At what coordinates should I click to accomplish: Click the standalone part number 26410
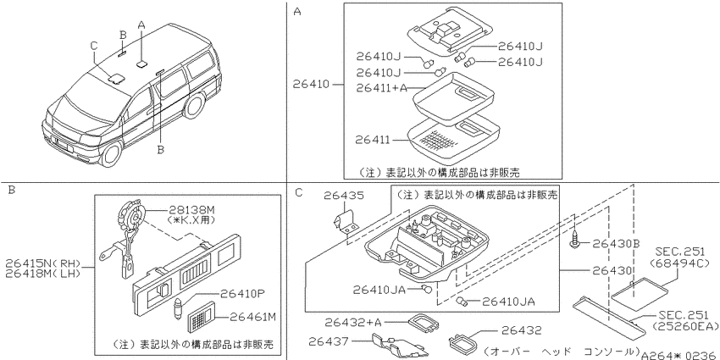click(x=311, y=85)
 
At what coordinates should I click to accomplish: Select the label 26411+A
click(x=382, y=88)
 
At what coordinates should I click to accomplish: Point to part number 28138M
click(x=191, y=210)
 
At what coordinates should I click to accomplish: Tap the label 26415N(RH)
click(x=43, y=263)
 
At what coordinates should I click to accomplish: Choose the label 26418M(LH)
click(x=43, y=274)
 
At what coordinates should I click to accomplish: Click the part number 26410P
click(x=242, y=293)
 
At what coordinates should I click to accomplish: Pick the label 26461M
click(x=253, y=317)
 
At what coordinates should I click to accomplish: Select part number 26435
click(x=344, y=196)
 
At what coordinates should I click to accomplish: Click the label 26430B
click(x=616, y=243)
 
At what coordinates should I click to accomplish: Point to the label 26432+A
click(x=352, y=323)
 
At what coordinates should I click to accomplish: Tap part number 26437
click(x=329, y=341)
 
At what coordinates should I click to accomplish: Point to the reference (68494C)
click(x=679, y=263)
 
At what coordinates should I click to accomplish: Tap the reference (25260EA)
click(x=685, y=326)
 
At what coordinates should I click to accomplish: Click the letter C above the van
click(x=94, y=46)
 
